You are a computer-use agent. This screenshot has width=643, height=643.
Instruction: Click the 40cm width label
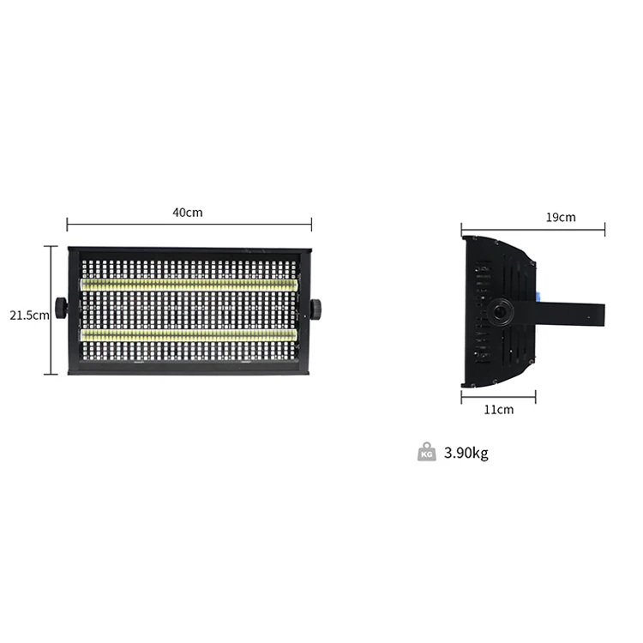(x=188, y=213)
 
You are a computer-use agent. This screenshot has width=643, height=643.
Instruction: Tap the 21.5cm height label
(x=29, y=315)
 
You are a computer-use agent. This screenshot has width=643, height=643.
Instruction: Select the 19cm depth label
(x=561, y=217)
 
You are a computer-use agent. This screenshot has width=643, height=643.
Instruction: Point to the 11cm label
(x=498, y=409)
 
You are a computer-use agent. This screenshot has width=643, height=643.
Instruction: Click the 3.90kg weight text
(x=466, y=453)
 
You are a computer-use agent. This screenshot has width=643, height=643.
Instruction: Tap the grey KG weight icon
(x=426, y=452)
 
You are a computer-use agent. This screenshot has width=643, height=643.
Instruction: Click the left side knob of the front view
(x=61, y=308)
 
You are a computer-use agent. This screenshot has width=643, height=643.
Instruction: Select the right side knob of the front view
(x=315, y=308)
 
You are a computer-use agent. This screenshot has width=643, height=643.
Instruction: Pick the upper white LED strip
(x=189, y=284)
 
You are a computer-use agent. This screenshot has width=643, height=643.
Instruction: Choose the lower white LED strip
(x=189, y=335)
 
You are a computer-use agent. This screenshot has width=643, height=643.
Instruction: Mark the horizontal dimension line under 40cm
(x=189, y=225)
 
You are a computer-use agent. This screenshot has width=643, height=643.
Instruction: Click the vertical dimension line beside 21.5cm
(x=51, y=310)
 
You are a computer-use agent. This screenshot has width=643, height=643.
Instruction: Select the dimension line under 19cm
(x=532, y=229)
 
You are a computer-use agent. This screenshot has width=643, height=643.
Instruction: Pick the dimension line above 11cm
(x=498, y=395)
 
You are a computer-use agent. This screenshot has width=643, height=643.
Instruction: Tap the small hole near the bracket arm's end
(x=589, y=318)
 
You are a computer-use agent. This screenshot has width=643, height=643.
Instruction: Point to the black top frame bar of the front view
(x=189, y=251)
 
